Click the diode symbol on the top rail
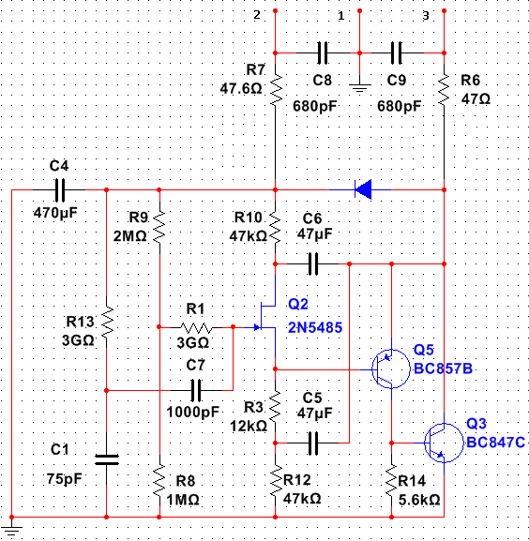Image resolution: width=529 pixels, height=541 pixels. (x=363, y=189)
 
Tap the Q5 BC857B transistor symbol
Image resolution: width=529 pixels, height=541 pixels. (x=391, y=368)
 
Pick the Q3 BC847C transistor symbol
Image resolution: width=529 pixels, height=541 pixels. (x=444, y=443)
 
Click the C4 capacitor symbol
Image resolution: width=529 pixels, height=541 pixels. (x=60, y=189)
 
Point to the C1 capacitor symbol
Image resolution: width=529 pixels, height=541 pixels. (x=107, y=459)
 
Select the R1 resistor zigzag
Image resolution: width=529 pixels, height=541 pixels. (x=195, y=327)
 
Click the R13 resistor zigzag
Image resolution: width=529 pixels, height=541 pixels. (x=107, y=322)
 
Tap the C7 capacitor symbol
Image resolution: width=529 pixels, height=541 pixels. (x=196, y=390)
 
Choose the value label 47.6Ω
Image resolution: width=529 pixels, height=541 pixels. (x=241, y=89)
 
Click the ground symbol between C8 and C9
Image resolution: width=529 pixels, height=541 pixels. (x=359, y=87)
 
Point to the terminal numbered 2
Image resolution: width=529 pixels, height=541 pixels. (x=276, y=11)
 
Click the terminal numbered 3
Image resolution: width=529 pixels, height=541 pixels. (x=444, y=11)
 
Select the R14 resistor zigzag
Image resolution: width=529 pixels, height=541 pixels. (x=391, y=480)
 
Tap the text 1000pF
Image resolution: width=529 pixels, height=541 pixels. (x=193, y=412)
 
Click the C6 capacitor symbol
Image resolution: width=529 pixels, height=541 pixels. (x=313, y=264)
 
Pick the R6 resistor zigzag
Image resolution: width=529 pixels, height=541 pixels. (x=444, y=90)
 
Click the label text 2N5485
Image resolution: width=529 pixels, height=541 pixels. (x=315, y=327)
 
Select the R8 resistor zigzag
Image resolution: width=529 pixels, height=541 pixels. (x=159, y=480)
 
